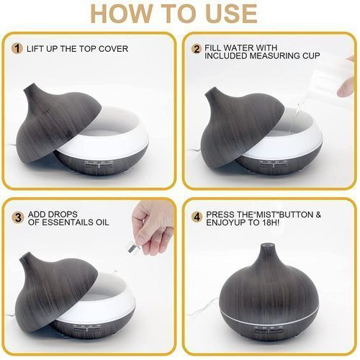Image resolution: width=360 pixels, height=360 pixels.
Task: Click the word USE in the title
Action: point(232,13)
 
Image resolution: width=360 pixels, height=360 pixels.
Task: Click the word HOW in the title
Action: point(121,13)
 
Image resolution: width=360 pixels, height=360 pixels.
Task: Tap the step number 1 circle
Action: point(17,49)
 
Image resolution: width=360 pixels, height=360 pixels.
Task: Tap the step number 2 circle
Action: point(197,49)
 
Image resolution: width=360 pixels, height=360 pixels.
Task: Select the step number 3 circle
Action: point(18,218)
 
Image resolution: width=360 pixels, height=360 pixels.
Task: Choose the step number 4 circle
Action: point(197,217)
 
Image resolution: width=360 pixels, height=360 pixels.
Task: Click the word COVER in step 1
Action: point(113,49)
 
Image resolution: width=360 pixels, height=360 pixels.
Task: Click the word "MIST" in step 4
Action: point(264,215)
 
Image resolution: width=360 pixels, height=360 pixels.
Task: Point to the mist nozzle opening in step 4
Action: point(267,246)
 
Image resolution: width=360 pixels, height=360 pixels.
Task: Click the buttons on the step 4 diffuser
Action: point(269,331)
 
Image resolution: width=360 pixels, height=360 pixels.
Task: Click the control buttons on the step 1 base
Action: point(99,165)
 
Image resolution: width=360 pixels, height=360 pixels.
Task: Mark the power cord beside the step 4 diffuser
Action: point(206,307)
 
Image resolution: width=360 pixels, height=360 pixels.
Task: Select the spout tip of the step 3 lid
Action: point(24,257)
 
